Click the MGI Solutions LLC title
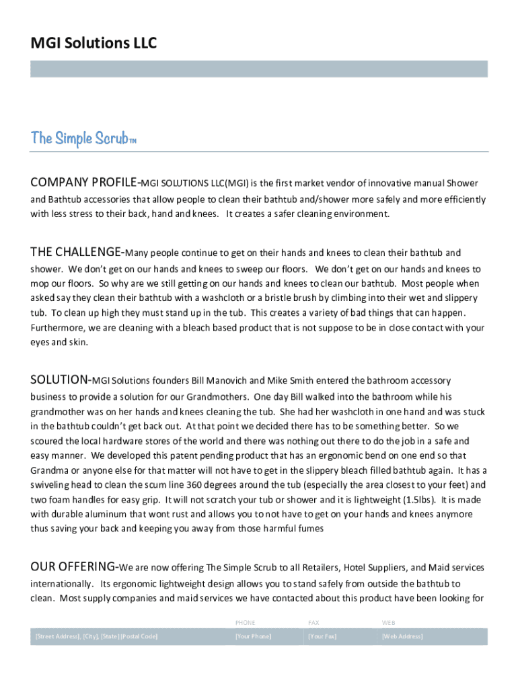[x=94, y=44]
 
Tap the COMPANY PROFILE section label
[x=84, y=182]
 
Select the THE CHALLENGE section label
[x=76, y=253]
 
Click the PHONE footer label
[x=245, y=623]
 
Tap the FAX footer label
[x=313, y=623]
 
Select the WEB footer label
[x=389, y=623]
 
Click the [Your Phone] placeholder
[x=253, y=636]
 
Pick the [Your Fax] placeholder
[x=322, y=636]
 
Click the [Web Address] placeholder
[x=402, y=636]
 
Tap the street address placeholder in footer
[x=96, y=636]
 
